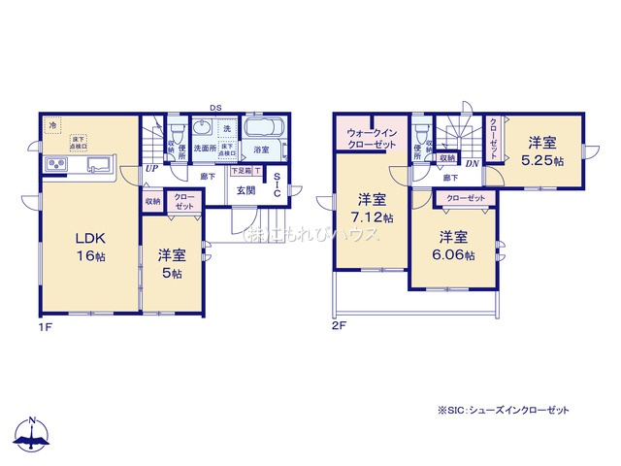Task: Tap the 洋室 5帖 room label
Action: click(x=172, y=263)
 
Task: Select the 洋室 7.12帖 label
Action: click(x=372, y=208)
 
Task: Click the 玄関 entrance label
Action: click(x=246, y=190)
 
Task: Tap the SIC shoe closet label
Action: click(x=277, y=185)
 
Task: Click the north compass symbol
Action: click(x=33, y=435)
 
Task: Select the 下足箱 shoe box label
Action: click(x=240, y=171)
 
